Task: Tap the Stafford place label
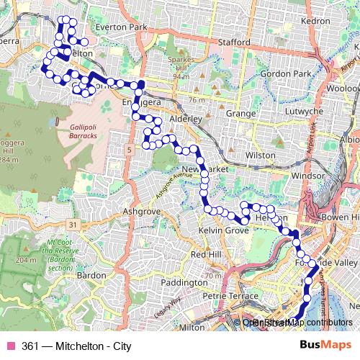235,42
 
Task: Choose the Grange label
240,113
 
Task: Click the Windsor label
312,176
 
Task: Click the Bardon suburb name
91,275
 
